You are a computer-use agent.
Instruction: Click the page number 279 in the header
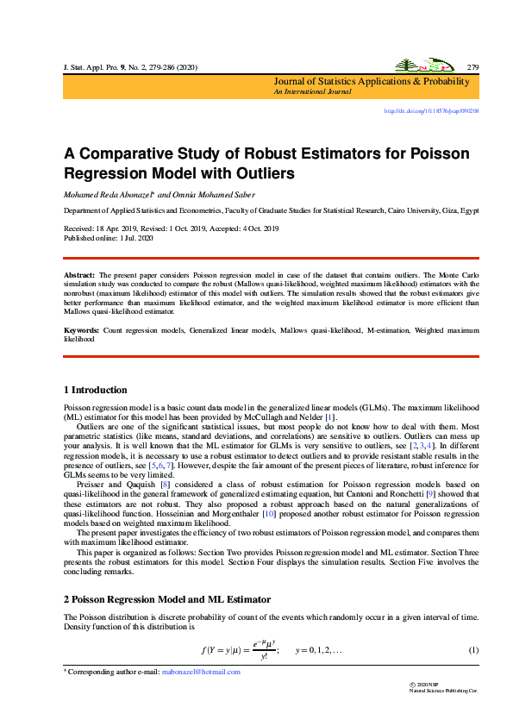(x=472, y=66)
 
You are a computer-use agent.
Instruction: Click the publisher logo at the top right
(x=416, y=66)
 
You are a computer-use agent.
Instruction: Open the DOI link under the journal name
(x=431, y=111)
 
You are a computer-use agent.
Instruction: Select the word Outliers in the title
(x=261, y=172)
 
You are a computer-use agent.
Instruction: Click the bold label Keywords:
(x=82, y=330)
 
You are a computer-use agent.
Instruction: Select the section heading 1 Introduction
(x=96, y=390)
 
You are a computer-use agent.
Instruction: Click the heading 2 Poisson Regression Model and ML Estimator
(x=168, y=598)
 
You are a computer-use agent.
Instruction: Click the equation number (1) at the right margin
(x=473, y=649)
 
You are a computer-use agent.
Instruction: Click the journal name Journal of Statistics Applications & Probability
(x=372, y=81)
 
